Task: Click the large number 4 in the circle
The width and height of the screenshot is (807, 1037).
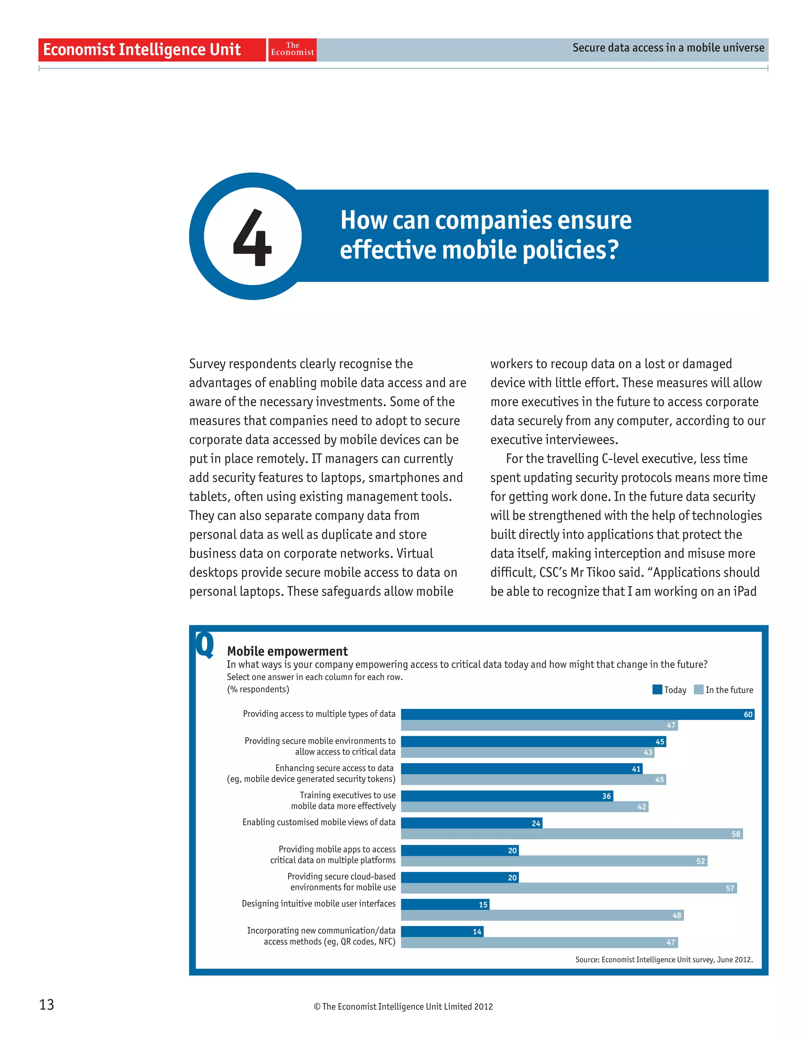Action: (253, 237)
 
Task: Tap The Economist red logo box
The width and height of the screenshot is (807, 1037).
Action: (293, 49)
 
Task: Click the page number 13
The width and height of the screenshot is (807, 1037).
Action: (46, 1004)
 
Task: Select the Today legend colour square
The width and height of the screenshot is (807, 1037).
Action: (657, 690)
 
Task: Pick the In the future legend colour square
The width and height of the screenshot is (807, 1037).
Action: (698, 690)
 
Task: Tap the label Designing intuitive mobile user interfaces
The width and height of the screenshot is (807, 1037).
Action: (318, 903)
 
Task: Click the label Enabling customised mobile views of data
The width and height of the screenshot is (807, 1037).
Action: (318, 822)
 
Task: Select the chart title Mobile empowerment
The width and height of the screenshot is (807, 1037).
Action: (287, 651)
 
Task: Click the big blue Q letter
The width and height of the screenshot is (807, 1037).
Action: (205, 644)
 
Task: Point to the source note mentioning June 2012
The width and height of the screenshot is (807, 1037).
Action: (664, 959)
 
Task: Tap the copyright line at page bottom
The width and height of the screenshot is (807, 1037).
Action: (403, 1006)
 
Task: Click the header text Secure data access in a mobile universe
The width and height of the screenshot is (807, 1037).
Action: (668, 48)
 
